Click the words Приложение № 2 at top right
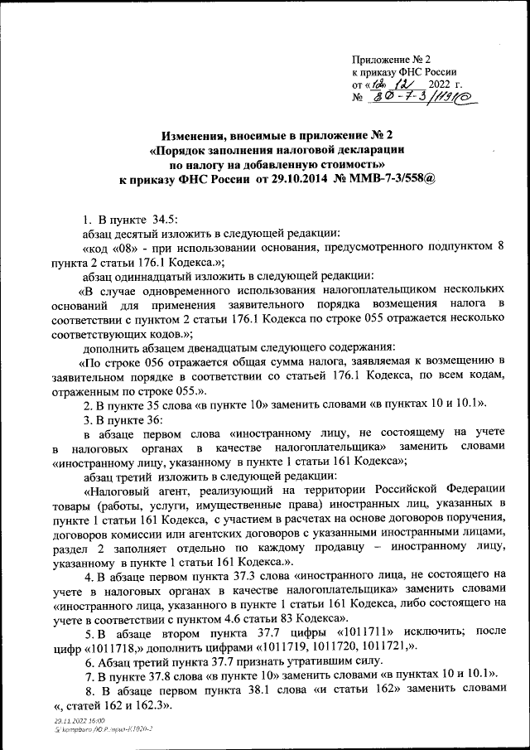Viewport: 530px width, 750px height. click(393, 60)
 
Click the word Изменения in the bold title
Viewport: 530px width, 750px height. click(195, 135)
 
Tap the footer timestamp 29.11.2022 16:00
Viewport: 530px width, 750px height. click(74, 724)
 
